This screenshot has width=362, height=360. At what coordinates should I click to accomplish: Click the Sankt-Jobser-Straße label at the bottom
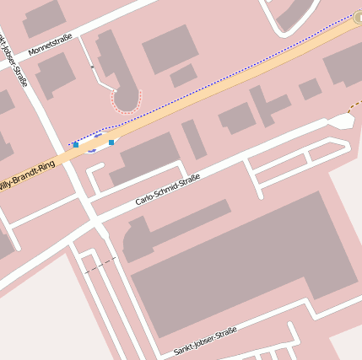point(206,341)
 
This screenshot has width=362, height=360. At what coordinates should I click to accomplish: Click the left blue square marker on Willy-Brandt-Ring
point(76,145)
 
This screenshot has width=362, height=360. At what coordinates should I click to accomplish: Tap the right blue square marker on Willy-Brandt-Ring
point(111,142)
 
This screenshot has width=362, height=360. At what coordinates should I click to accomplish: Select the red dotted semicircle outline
point(127,103)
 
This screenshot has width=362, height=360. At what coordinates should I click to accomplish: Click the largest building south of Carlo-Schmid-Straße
point(236,261)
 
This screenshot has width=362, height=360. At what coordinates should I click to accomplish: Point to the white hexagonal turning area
point(341,121)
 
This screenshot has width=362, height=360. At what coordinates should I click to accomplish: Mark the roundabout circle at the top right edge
point(359,17)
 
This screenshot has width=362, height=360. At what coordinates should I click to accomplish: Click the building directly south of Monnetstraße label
point(55,74)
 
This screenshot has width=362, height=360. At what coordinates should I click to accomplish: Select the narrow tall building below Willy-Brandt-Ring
point(194,139)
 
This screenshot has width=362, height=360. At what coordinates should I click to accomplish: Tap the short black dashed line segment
point(100,264)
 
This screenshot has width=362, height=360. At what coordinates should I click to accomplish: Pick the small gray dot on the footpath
point(91,67)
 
